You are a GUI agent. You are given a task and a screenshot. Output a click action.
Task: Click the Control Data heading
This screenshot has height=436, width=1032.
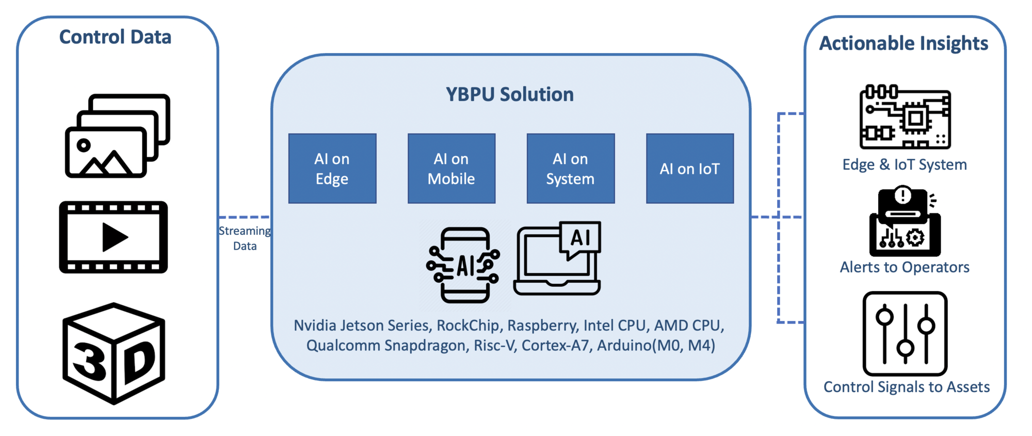(115, 37)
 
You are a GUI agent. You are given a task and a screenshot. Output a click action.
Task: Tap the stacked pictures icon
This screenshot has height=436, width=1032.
(118, 136)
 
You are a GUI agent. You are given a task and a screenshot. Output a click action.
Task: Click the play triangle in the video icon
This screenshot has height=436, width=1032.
(115, 237)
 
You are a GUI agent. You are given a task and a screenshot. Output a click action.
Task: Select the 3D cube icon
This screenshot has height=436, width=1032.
(114, 353)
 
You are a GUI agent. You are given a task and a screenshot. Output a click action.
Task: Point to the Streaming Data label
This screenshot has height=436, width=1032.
(245, 238)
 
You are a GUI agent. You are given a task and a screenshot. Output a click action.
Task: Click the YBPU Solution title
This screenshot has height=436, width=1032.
(510, 94)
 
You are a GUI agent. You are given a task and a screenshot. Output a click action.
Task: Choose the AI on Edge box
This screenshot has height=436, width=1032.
(332, 169)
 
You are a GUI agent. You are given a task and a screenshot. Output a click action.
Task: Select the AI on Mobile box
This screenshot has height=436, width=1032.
(451, 169)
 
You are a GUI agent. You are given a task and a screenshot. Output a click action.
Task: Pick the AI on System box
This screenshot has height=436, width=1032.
(571, 169)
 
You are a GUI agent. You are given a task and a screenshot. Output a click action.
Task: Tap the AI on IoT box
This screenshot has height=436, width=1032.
(690, 169)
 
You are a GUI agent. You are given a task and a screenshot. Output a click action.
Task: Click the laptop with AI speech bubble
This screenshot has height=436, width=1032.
(557, 259)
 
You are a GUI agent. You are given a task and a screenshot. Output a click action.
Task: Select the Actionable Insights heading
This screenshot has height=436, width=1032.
(904, 43)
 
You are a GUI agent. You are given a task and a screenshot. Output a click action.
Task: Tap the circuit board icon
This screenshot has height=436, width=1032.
(905, 117)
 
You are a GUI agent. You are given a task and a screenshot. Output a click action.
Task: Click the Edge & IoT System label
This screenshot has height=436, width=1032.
(905, 165)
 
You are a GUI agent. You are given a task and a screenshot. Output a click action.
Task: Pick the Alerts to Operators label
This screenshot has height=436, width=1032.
(905, 267)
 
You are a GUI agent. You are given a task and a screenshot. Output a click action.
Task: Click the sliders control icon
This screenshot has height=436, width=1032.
(905, 334)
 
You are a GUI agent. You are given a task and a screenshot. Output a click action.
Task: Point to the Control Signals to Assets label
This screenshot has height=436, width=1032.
(907, 387)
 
